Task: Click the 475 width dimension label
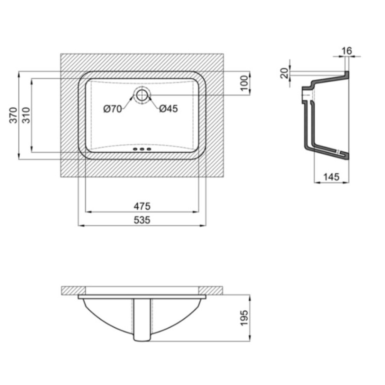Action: [x=142, y=206]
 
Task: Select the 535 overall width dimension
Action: [x=142, y=220]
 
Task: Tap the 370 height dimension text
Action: [x=13, y=115]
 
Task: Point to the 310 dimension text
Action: [x=26, y=115]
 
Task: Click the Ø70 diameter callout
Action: [x=112, y=109]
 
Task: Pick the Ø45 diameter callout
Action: [x=169, y=108]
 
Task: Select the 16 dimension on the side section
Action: [x=347, y=51]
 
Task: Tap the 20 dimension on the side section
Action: [x=284, y=73]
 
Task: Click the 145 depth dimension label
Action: [x=331, y=177]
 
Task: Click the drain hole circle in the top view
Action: [x=142, y=95]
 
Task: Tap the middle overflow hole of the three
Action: [x=142, y=149]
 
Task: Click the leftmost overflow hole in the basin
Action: [x=135, y=149]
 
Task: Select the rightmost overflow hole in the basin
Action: [x=149, y=149]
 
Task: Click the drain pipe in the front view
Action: [x=142, y=320]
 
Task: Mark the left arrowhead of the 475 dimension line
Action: [x=88, y=212]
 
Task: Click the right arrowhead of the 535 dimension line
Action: [x=203, y=225]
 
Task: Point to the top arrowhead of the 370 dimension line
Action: [x=19, y=74]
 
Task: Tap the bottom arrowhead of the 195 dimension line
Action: [x=250, y=338]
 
